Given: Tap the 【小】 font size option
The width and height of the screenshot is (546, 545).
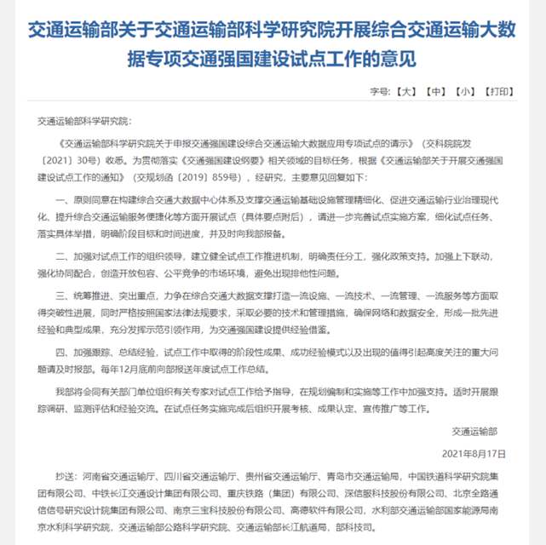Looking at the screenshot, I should tap(466, 90).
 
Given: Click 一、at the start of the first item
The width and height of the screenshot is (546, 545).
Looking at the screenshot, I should tap(64, 197).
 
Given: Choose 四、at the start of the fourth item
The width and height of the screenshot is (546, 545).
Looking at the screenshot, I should tap(64, 351).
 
